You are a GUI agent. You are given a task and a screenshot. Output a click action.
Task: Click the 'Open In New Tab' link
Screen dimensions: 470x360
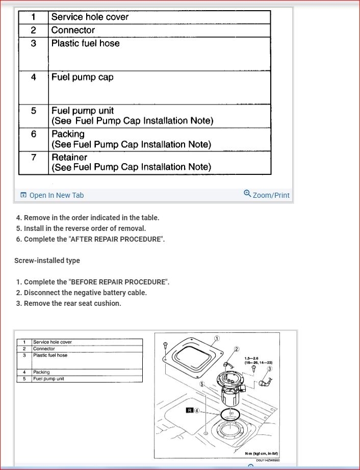52,195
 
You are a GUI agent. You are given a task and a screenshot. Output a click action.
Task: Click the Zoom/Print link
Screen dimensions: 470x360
267,195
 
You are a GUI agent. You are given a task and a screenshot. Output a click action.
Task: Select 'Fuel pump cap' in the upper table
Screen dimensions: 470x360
82,77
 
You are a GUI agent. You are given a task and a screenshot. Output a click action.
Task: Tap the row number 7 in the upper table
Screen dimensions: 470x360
34,158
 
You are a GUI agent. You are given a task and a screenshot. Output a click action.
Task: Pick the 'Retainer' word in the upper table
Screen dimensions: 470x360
69,158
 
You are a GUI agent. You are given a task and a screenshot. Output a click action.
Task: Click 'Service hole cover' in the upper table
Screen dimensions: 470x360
90,17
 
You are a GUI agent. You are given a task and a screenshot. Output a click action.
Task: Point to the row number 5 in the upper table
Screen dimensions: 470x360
34,111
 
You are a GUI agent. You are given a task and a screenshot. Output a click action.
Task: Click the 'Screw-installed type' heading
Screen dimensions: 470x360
47,260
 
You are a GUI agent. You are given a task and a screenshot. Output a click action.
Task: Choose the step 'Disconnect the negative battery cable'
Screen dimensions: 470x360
85,293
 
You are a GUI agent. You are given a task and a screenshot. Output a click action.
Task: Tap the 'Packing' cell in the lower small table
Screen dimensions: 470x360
41,372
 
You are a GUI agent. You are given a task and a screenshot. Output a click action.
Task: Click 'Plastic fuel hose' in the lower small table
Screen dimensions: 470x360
50,355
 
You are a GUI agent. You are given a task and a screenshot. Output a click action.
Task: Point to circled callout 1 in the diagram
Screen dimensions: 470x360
217,338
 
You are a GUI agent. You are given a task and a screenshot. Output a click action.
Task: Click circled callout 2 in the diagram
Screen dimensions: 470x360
237,349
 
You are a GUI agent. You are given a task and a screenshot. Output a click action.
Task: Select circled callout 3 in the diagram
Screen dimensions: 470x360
269,369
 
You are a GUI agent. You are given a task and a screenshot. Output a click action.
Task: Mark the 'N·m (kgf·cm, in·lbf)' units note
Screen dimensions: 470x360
262,454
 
